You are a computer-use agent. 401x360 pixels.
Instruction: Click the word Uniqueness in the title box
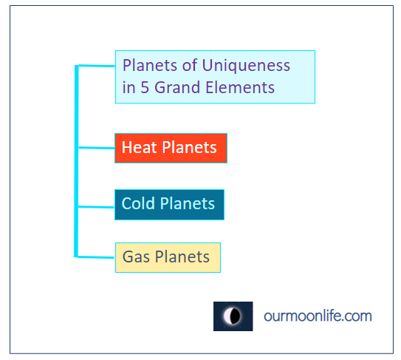pos(246,67)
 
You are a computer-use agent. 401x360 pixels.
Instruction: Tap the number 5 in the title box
pos(145,87)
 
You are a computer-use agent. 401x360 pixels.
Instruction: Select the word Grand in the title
pos(177,87)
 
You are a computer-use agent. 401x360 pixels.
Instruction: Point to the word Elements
pos(240,87)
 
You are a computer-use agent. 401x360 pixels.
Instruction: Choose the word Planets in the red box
pos(190,148)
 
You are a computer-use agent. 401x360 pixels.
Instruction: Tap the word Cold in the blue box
pos(138,203)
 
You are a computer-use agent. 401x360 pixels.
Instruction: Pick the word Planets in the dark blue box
pos(188,203)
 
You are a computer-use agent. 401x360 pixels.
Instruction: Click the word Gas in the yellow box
pos(136,257)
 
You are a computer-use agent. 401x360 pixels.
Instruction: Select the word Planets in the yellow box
pos(182,257)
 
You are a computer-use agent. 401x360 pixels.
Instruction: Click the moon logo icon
pos(233,316)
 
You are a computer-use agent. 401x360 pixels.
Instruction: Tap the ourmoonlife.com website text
pos(318,316)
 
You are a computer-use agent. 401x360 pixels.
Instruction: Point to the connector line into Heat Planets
pos(97,148)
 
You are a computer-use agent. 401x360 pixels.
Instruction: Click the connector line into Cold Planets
pos(97,207)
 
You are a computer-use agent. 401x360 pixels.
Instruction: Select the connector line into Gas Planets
pos(96,257)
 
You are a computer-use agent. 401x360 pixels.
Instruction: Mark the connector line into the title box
pos(97,66)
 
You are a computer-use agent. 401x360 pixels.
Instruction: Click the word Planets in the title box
pos(150,65)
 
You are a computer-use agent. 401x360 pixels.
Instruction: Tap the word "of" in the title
pos(190,65)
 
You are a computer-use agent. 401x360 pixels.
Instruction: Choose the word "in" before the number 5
pos(128,87)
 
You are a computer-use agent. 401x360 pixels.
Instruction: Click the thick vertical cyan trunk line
pos(76,161)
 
